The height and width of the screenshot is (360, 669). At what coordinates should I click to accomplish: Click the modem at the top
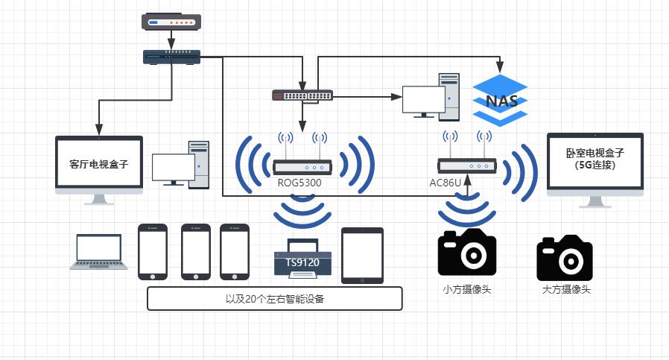[x=171, y=22]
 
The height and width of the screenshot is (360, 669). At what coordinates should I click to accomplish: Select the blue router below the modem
[x=172, y=57]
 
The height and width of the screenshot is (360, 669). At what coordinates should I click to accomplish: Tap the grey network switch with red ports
[x=302, y=95]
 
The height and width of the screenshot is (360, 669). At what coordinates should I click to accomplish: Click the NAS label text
[x=500, y=101]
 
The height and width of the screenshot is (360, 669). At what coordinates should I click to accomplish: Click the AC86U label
[x=446, y=182]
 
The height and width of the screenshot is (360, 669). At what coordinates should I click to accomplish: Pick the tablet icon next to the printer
[x=362, y=255]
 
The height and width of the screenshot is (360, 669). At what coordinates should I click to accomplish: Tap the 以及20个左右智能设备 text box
[x=275, y=298]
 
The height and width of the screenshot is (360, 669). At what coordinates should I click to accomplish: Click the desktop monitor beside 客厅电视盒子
[x=174, y=168]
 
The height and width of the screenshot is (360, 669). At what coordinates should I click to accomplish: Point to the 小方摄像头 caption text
[x=467, y=289]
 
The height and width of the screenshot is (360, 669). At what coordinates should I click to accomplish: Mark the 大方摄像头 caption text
[x=566, y=289]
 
